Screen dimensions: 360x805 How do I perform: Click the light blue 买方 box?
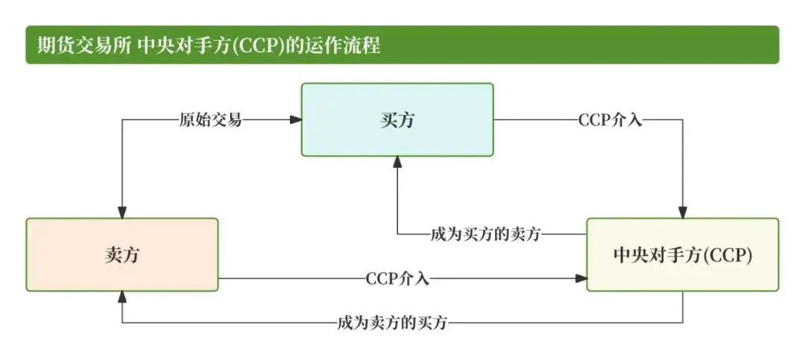(x=397, y=119)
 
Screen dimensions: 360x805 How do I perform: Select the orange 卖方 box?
(x=122, y=254)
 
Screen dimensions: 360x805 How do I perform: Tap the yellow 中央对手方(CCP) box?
(x=683, y=254)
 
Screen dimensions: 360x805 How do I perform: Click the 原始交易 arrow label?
(x=211, y=119)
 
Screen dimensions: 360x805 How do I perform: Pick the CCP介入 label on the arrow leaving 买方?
(x=610, y=119)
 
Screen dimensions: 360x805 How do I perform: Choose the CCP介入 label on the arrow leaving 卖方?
(x=397, y=279)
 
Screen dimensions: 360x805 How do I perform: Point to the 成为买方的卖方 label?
(x=485, y=234)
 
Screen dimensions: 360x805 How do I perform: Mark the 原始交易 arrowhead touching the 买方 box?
(x=295, y=119)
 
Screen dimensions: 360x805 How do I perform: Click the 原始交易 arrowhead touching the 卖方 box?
(x=121, y=212)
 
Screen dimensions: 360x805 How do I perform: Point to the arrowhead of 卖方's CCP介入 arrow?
(x=581, y=279)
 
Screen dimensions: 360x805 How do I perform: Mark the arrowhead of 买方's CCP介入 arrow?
(x=683, y=212)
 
